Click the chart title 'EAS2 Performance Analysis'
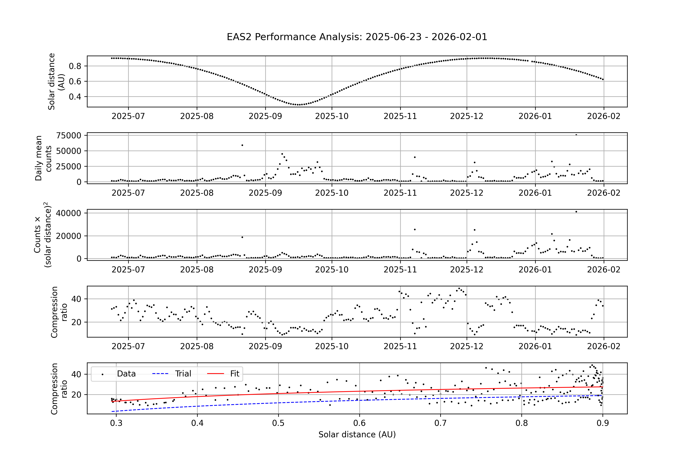(357, 37)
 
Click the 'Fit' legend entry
(234, 374)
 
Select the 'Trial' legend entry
(183, 374)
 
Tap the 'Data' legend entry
(126, 374)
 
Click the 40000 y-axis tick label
(69, 213)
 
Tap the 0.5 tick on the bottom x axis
(278, 423)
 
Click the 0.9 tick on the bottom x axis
(603, 423)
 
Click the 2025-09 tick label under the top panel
(265, 116)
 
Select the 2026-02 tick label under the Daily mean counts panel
(604, 193)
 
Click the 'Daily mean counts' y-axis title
(43, 158)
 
